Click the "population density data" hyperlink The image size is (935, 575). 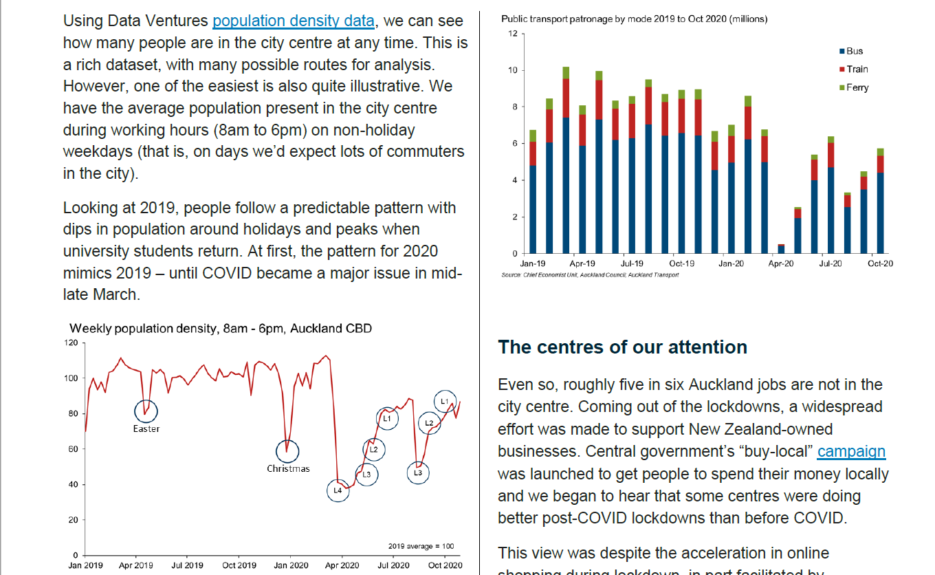(x=294, y=21)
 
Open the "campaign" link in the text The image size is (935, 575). (x=851, y=452)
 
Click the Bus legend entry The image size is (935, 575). (x=854, y=51)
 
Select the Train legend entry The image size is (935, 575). (x=857, y=69)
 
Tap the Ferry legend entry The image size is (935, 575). (x=857, y=87)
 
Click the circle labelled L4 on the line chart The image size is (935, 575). (x=338, y=490)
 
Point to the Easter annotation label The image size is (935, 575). (x=146, y=429)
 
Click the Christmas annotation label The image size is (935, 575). (x=288, y=469)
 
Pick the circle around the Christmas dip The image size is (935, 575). (x=287, y=451)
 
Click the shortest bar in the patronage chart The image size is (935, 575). (x=781, y=248)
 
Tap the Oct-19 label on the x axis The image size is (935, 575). (x=681, y=263)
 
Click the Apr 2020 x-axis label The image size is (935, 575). (x=342, y=565)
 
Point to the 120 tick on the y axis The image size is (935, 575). (x=71, y=342)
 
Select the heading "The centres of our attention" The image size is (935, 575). (x=622, y=347)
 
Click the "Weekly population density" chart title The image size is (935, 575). (x=221, y=329)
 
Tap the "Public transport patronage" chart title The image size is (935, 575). (x=634, y=19)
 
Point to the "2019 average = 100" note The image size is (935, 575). (x=421, y=546)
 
